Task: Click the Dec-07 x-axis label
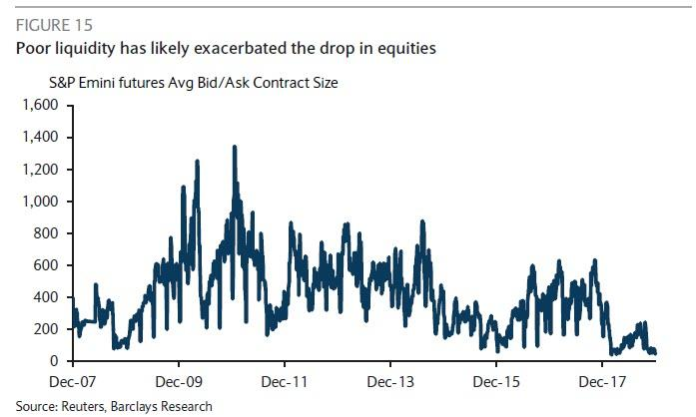point(73,381)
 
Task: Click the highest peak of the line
point(235,147)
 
